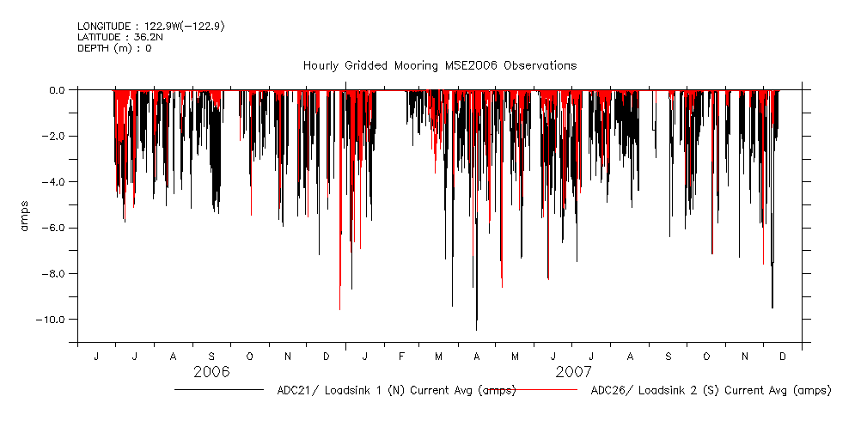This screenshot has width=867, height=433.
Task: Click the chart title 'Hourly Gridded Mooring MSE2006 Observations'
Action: (x=439, y=65)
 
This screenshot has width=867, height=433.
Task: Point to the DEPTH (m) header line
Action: (x=114, y=48)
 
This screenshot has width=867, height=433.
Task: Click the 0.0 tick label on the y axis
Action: (x=56, y=89)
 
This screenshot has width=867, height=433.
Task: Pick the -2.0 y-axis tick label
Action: (x=54, y=136)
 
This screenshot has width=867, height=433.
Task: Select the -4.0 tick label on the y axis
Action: (x=54, y=181)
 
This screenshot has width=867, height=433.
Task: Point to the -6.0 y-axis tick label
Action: (x=54, y=228)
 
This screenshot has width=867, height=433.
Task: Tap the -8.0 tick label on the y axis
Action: (x=54, y=273)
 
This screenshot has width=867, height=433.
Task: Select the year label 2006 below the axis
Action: (x=211, y=372)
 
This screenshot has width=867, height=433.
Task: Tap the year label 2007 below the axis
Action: (x=573, y=372)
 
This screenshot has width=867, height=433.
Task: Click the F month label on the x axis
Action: (x=401, y=356)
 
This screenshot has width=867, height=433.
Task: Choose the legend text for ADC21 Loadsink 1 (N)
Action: (x=396, y=390)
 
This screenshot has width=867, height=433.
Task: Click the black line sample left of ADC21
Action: (x=218, y=390)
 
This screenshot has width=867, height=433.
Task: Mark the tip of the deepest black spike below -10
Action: (x=476, y=330)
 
